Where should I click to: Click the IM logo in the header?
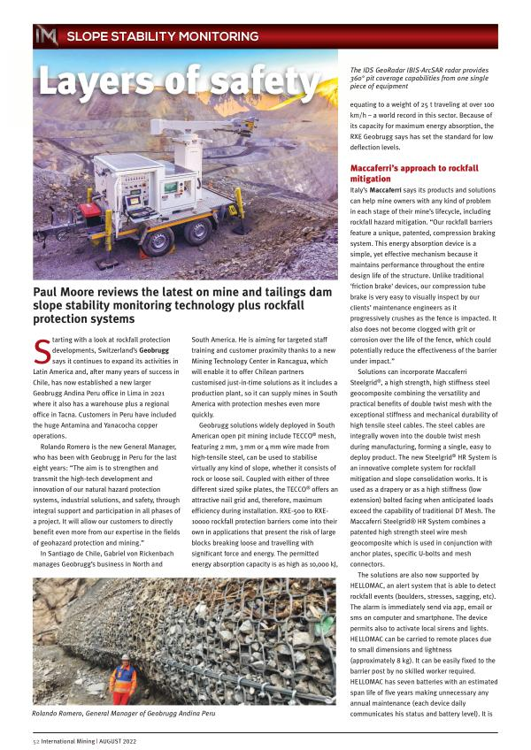[45, 36]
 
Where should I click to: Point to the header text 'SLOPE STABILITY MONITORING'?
[163, 36]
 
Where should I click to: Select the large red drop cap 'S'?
[42, 351]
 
